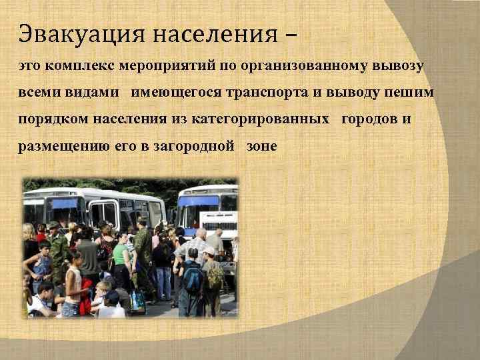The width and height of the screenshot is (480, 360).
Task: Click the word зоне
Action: tap(261, 146)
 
